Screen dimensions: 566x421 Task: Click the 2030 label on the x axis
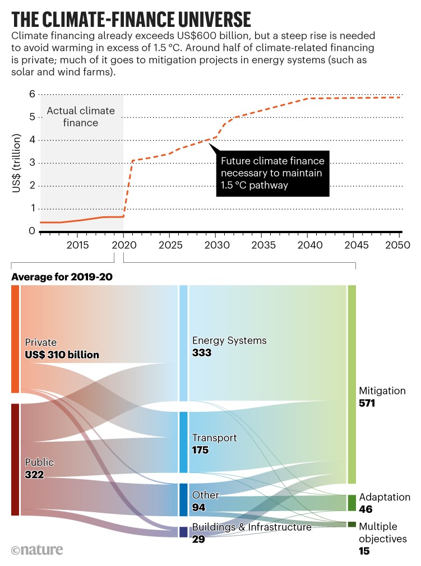pos(215,245)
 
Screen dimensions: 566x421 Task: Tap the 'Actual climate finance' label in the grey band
pos(80,117)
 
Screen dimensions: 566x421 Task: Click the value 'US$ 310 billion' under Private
pos(62,355)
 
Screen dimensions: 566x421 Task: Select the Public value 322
pos(35,475)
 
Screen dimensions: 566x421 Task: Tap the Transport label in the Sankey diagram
pos(215,438)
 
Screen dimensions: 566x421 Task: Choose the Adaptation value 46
pos(367,509)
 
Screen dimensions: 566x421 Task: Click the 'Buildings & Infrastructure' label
pos(252,527)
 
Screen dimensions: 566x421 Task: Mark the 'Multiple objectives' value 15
pos(364,551)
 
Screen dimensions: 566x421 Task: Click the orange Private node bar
pos(15,339)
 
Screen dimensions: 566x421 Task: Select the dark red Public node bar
pos(15,460)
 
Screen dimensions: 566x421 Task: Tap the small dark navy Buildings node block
pos(183,532)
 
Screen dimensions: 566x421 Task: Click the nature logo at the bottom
pos(37,550)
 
